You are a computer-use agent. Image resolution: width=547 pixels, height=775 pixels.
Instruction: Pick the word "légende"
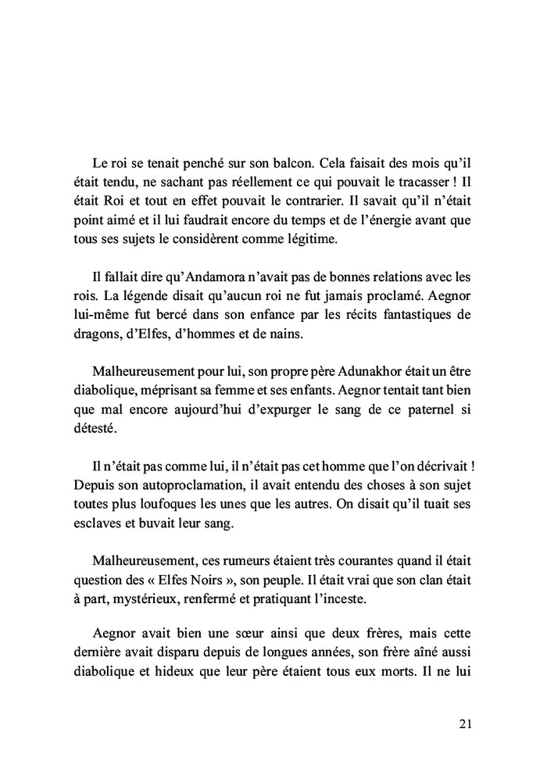click(x=155, y=296)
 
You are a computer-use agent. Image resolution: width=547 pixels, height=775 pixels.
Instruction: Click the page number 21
click(x=464, y=723)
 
